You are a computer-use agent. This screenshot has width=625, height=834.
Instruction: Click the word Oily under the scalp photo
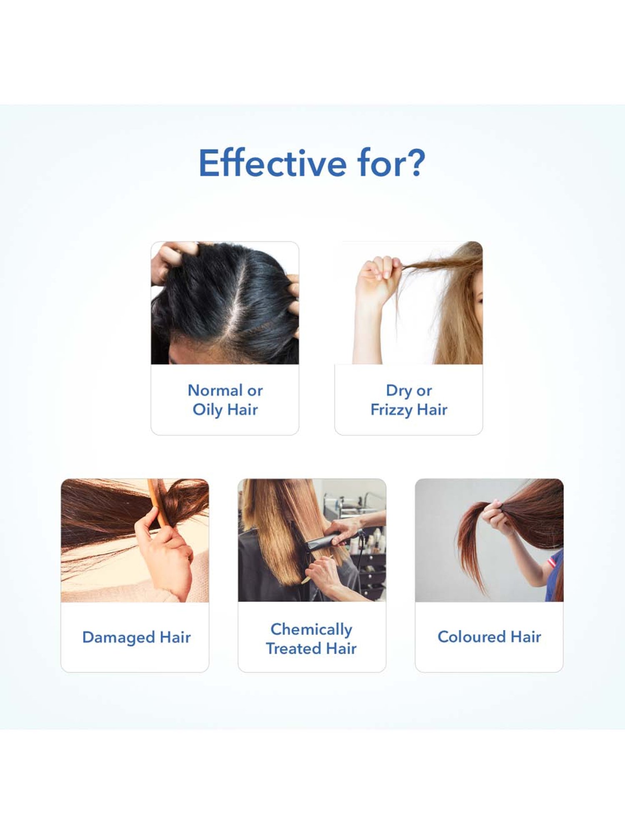(x=207, y=410)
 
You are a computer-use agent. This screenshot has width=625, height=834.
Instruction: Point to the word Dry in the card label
(x=399, y=391)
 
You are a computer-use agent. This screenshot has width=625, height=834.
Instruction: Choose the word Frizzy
(x=391, y=410)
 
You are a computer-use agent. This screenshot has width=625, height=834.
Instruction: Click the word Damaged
(x=119, y=637)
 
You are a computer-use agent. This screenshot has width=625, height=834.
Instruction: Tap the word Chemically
(x=312, y=630)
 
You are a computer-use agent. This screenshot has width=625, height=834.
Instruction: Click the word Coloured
(x=472, y=637)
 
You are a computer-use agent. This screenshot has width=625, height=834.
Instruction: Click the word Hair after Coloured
(x=526, y=637)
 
